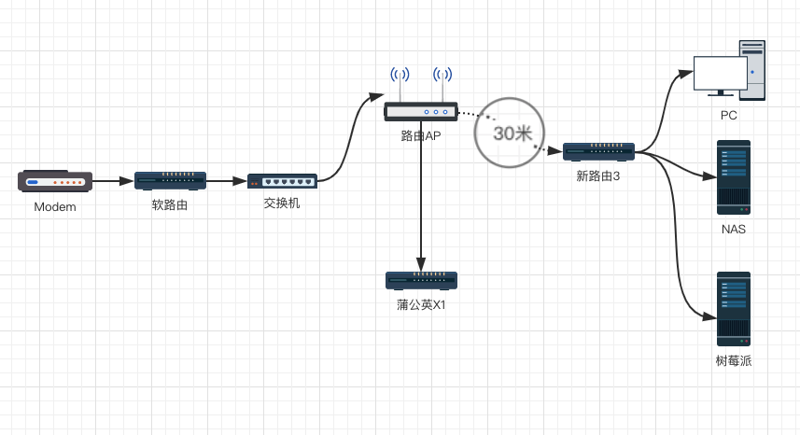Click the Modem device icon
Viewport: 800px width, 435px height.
coord(55,181)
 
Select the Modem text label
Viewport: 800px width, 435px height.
coord(55,207)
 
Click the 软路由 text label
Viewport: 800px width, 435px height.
coord(170,204)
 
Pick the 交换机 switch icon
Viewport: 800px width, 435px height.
coord(282,181)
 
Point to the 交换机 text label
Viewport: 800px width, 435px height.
coord(282,203)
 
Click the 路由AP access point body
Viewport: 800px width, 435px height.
coord(421,112)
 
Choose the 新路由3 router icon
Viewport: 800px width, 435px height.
coord(598,150)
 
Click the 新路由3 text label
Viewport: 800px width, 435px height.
coord(598,174)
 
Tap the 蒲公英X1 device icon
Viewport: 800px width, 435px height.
coord(421,280)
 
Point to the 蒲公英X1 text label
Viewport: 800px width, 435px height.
coord(421,304)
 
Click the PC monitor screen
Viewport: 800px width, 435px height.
coord(720,72)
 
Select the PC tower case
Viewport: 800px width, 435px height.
coord(752,70)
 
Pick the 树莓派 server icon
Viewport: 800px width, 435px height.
coord(733,309)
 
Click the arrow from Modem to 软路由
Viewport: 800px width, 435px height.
coord(113,181)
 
